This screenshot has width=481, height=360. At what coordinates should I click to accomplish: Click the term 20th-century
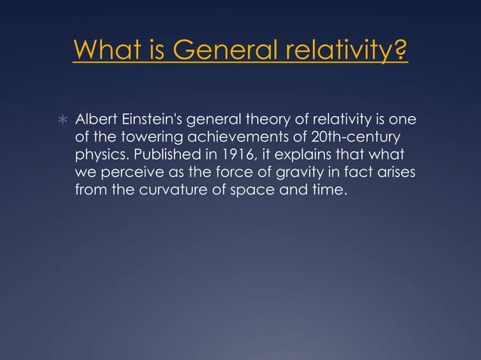coord(353,139)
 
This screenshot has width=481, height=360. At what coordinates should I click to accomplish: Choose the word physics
coord(98,156)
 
